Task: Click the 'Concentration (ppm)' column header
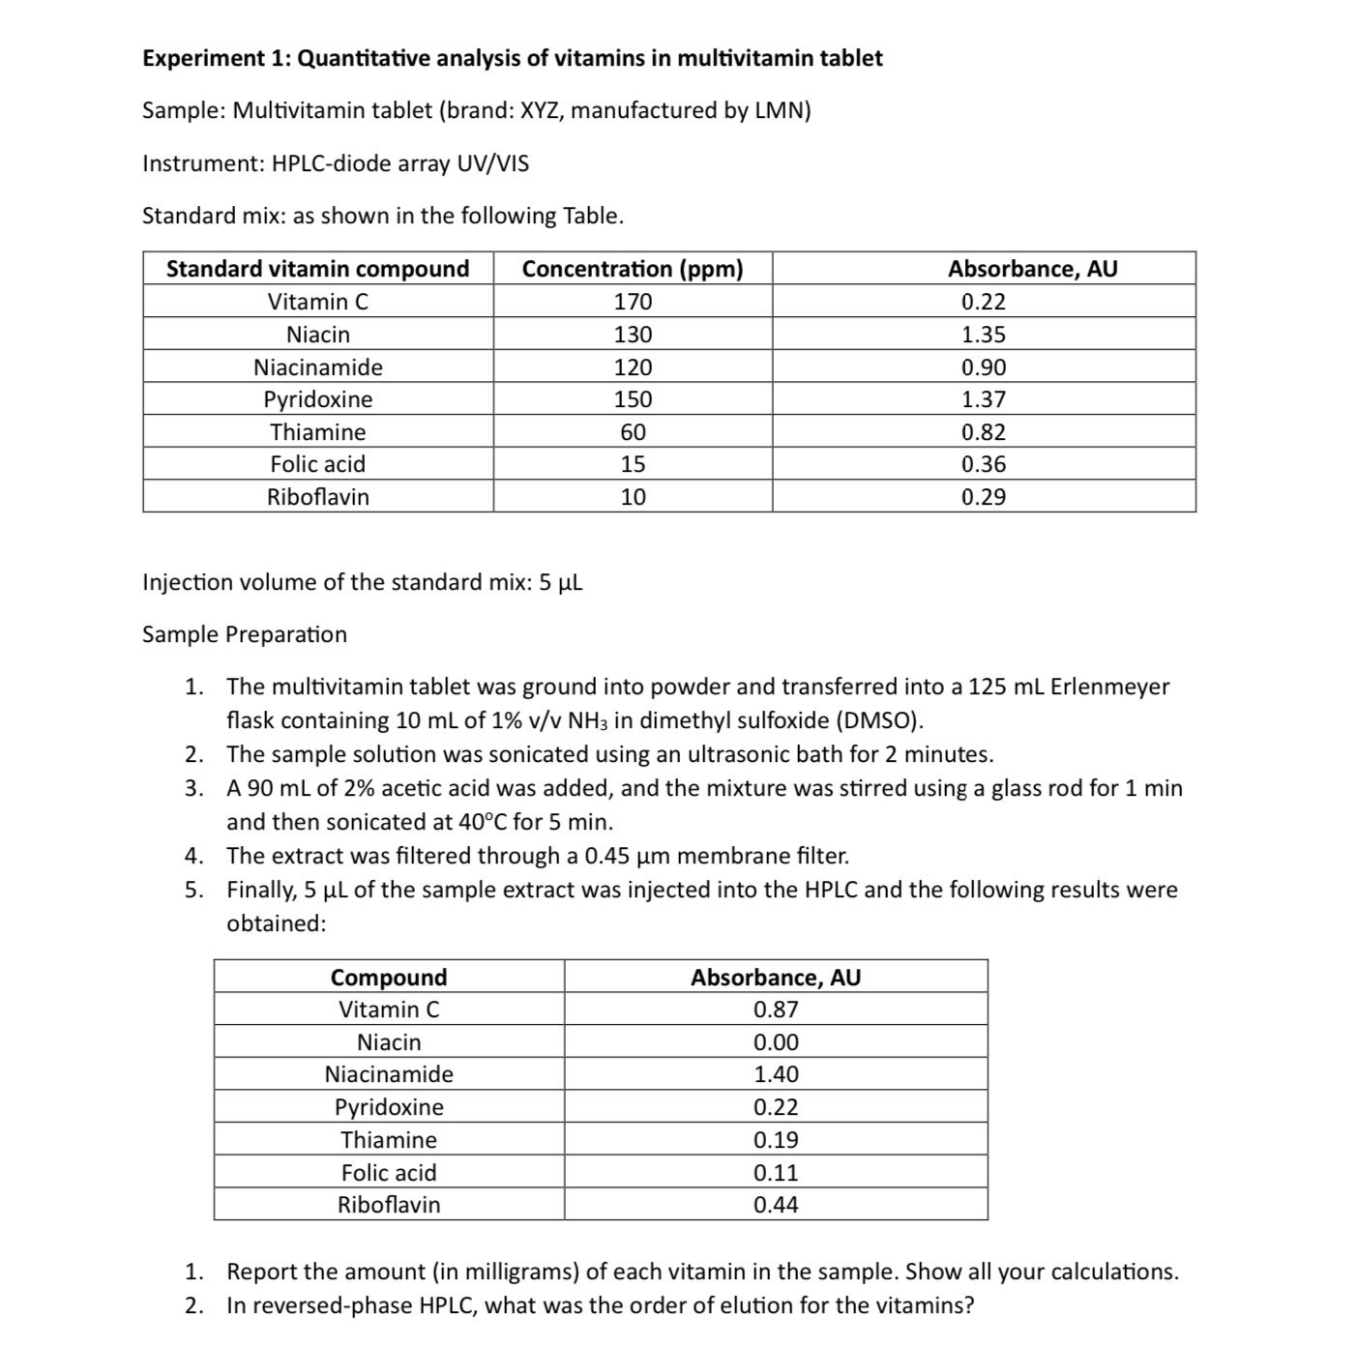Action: [x=633, y=269]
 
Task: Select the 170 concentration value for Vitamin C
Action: [x=633, y=302]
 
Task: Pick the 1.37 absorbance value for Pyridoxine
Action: [x=983, y=399]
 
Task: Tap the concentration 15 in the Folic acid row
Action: [x=633, y=464]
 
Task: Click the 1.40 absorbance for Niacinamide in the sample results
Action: [x=776, y=1074]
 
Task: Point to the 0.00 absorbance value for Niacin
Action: [x=776, y=1042]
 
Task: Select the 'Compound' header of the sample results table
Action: [x=389, y=978]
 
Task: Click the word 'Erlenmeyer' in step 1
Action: [x=1109, y=687]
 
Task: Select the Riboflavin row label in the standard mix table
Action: [x=317, y=497]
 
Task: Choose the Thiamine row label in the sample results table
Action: [x=389, y=1140]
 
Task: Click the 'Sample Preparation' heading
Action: [x=244, y=634]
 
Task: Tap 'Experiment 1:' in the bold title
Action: [x=216, y=58]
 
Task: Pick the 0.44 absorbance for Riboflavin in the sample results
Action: [x=776, y=1205]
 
